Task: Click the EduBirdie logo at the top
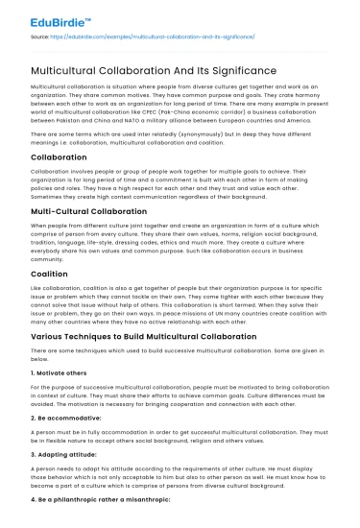point(59,17)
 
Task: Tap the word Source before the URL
point(40,37)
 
